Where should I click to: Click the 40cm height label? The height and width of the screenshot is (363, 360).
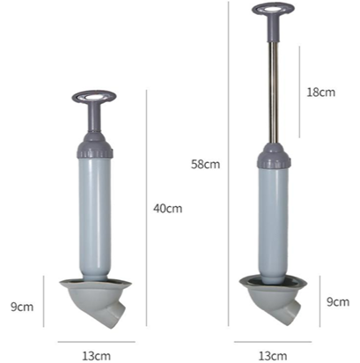167,209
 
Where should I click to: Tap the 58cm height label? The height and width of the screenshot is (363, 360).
205,164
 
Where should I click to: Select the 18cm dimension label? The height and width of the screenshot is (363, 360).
320,93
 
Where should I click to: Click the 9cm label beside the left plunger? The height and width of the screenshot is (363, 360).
22,307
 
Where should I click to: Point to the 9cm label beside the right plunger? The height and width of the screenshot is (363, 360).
338,301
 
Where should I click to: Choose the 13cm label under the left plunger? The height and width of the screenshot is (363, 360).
96,356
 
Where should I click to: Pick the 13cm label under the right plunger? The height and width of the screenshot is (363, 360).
273,356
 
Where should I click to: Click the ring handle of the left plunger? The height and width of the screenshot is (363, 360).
94,96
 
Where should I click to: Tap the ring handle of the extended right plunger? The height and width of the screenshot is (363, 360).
273,9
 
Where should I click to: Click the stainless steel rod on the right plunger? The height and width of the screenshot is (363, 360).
274,93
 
